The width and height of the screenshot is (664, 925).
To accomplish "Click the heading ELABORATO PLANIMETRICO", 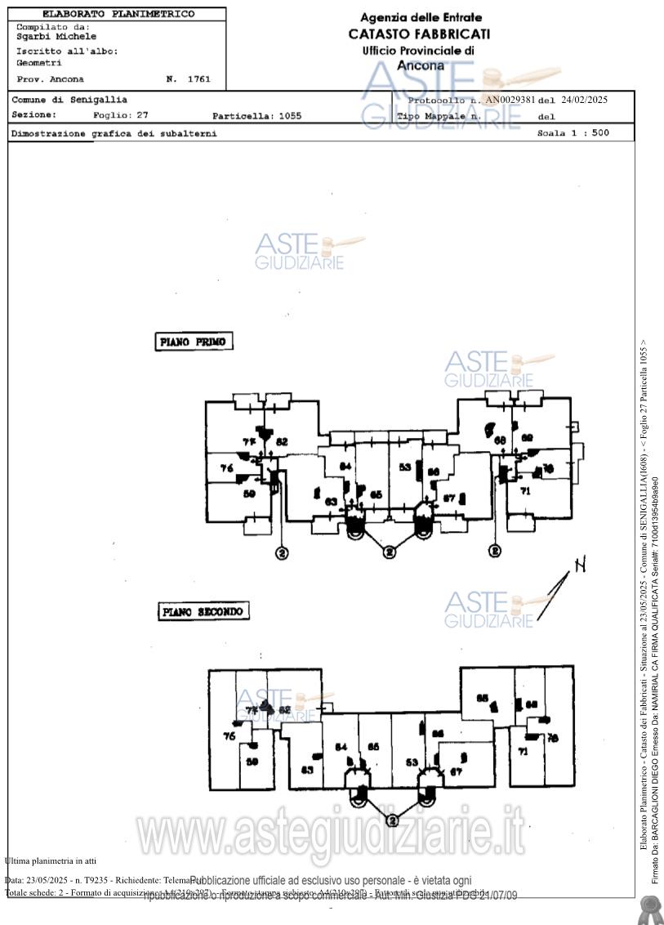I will tap(118, 14).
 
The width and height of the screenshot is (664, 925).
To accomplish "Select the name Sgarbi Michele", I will tap(56, 37).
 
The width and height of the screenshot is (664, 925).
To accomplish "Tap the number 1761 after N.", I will tap(198, 79).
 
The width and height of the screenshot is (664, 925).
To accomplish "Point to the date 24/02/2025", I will tap(585, 100).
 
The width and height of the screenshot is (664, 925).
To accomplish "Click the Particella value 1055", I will tap(289, 116).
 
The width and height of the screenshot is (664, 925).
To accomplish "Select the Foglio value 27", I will tap(142, 115).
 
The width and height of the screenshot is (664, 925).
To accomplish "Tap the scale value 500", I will tap(600, 132).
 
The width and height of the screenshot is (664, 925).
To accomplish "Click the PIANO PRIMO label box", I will tap(194, 342).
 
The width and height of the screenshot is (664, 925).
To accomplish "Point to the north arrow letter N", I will tap(580, 565).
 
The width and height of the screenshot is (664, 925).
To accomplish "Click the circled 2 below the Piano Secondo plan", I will tap(392, 820).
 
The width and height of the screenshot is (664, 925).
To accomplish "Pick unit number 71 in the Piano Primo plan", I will tap(525, 491).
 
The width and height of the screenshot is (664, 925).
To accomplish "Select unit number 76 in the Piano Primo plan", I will tap(227, 468).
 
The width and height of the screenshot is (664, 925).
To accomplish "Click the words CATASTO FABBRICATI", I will tap(419, 34).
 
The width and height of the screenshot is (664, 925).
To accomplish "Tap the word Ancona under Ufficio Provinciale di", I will tap(421, 65).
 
